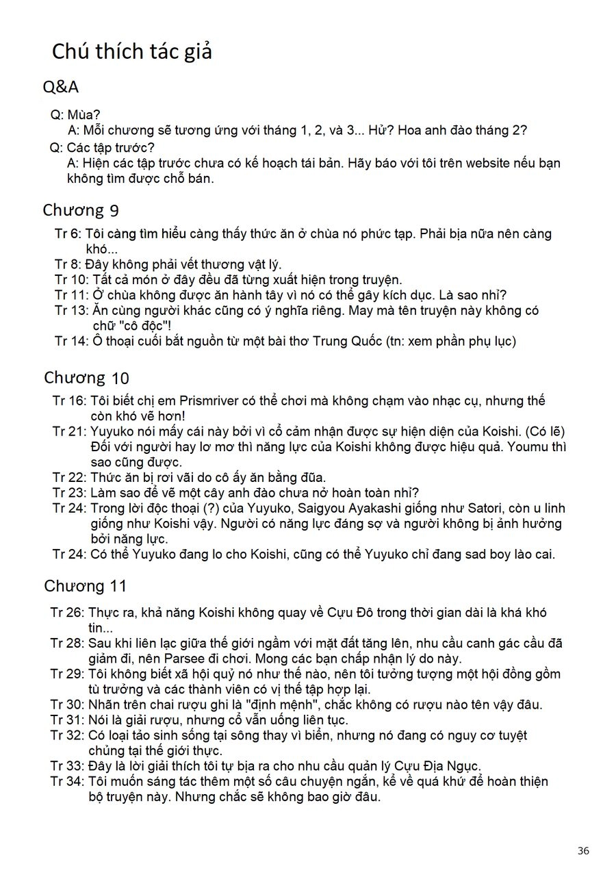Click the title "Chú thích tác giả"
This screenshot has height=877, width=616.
click(x=132, y=51)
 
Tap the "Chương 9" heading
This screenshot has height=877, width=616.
click(x=81, y=209)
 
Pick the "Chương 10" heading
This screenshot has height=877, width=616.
click(x=86, y=377)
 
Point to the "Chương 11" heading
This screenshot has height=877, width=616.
click(x=86, y=586)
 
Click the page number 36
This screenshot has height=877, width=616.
click(x=583, y=851)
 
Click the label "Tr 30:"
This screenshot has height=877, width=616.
click(x=68, y=704)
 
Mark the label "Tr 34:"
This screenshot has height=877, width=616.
click(x=68, y=781)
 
